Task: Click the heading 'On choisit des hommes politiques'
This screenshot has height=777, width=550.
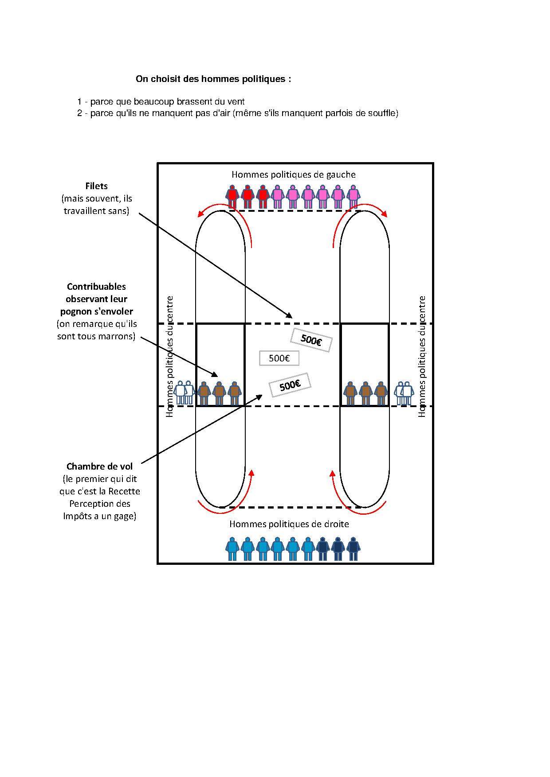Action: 213,79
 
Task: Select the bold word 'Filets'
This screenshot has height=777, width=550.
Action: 97,186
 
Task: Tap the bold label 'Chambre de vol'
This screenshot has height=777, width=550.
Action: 99,466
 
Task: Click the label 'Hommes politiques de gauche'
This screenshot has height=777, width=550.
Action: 294,175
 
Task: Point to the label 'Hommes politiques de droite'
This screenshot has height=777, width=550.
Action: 289,524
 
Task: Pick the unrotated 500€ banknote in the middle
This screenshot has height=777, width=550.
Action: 279,358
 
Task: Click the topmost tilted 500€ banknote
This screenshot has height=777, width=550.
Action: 311,340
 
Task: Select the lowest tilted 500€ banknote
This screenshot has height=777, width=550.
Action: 290,385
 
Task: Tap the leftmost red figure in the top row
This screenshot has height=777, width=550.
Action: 232,196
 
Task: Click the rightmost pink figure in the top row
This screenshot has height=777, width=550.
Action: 353,196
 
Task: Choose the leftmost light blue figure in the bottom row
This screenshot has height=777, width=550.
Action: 232,548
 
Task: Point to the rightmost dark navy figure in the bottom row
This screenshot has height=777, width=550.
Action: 353,548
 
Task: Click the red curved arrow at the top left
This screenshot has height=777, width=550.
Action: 226,217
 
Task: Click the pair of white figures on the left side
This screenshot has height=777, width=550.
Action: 184,392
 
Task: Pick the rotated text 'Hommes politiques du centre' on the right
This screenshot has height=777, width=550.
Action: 422,357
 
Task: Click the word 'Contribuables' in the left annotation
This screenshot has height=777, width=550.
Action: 96,287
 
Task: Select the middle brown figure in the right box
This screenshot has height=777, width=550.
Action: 365,393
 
